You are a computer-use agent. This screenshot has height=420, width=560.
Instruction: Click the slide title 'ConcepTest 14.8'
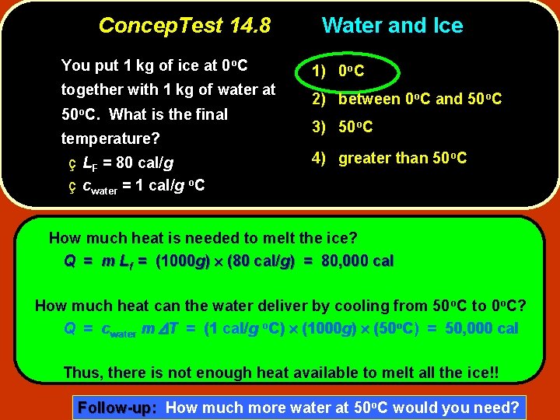click(x=184, y=26)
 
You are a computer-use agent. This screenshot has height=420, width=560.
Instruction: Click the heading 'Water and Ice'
click(x=392, y=26)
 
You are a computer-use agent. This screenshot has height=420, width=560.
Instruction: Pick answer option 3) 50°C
click(x=342, y=127)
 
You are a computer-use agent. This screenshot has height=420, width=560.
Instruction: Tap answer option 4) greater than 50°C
click(x=389, y=158)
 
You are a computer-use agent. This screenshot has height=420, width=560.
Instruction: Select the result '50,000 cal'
click(x=481, y=328)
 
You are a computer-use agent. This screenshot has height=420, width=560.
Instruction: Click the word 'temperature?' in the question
click(x=110, y=139)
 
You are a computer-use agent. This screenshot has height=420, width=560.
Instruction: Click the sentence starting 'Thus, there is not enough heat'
click(x=281, y=373)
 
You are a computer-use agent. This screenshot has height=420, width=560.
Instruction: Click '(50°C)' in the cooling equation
click(x=409, y=328)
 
